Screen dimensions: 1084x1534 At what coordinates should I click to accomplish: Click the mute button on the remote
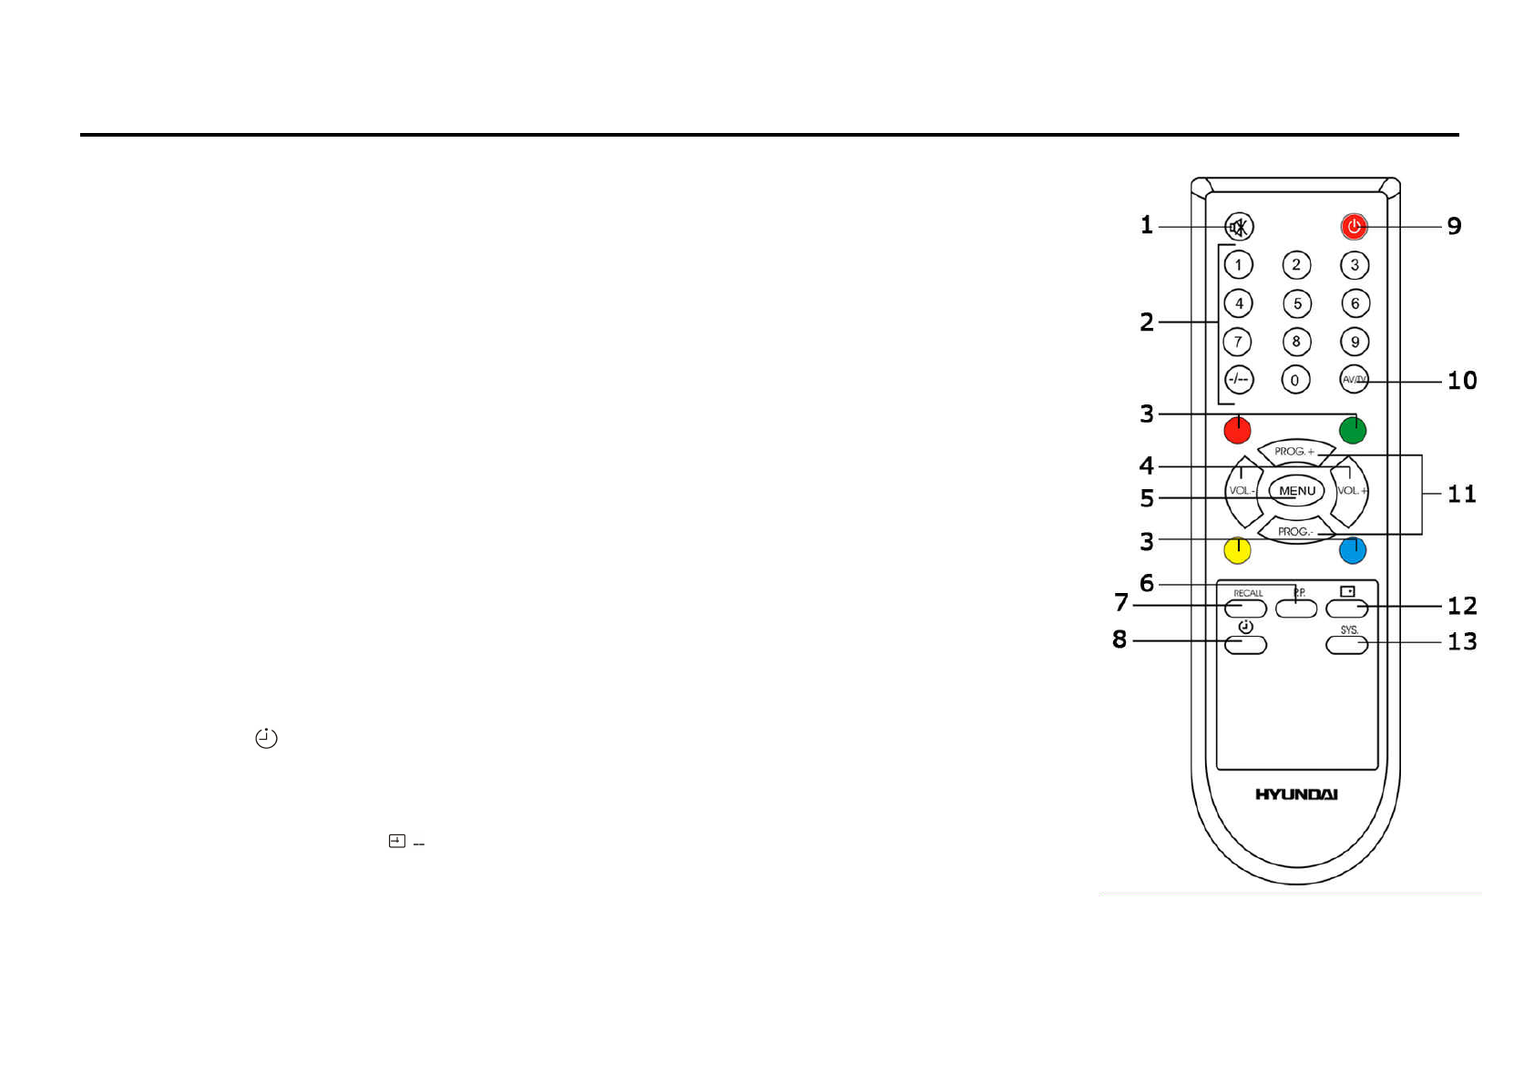[1239, 226]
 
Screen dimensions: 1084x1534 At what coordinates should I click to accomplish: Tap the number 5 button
[1297, 303]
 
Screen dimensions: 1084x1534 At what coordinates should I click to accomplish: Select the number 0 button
[1295, 380]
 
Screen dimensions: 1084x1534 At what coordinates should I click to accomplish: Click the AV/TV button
[1355, 379]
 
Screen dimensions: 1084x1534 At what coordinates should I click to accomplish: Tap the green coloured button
[1353, 430]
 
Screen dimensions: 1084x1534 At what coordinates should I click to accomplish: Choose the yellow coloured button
[1237, 550]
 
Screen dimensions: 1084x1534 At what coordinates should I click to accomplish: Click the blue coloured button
[1353, 550]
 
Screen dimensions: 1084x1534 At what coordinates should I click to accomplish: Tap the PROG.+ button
[1295, 451]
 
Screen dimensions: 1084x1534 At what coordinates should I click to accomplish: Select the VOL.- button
[1242, 491]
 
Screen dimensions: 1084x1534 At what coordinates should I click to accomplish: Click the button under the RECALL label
[1246, 608]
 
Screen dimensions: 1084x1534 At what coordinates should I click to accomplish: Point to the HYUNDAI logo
[1296, 794]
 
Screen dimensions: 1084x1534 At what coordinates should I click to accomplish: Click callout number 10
[1462, 381]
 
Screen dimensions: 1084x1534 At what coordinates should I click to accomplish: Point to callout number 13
[1462, 641]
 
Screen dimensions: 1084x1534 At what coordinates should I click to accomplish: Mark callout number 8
[1120, 639]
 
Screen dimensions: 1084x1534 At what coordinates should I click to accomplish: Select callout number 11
[1461, 494]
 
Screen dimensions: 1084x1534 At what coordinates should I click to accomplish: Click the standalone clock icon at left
[266, 738]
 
